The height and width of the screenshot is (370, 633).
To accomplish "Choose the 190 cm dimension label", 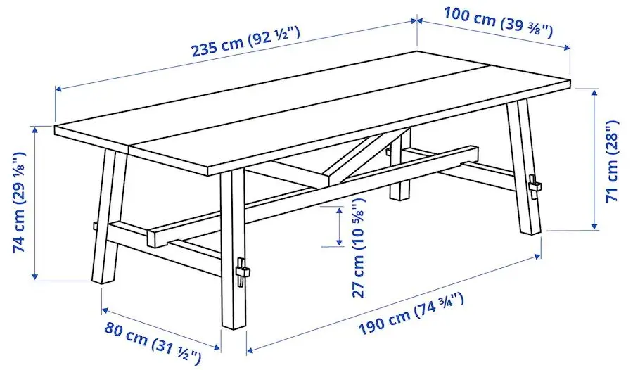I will [x=411, y=313].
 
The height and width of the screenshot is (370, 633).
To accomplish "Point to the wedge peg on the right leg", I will [x=535, y=187].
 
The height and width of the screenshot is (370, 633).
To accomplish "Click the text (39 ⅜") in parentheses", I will [x=527, y=26].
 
